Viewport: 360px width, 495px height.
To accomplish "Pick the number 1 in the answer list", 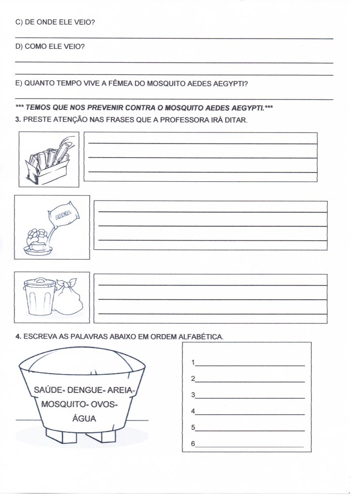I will click(x=193, y=362).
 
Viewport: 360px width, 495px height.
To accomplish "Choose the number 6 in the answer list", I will click(x=193, y=444).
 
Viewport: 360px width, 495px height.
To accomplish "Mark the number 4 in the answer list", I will click(x=193, y=411).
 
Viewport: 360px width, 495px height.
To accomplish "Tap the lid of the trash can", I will click(x=36, y=281).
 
